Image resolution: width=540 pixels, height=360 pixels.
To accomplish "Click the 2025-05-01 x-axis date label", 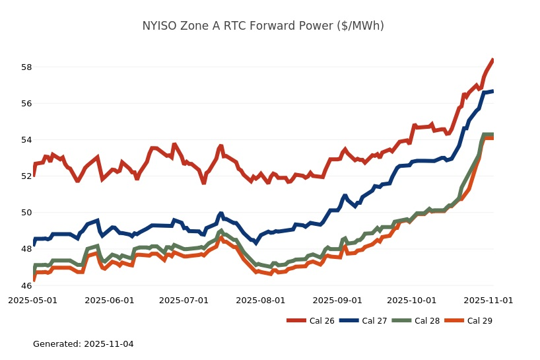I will tap(32, 300).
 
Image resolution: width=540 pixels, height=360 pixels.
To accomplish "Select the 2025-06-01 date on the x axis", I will tap(109, 300).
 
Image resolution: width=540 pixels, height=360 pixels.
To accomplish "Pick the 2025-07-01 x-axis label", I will tap(184, 300).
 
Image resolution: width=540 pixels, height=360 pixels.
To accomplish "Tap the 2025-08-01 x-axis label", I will tap(260, 300).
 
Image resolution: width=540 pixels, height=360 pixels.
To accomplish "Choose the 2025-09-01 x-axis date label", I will tap(337, 300).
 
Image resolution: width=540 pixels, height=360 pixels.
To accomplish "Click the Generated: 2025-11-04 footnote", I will tap(83, 344).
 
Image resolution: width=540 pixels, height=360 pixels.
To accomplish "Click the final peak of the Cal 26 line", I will tap(492, 60).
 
